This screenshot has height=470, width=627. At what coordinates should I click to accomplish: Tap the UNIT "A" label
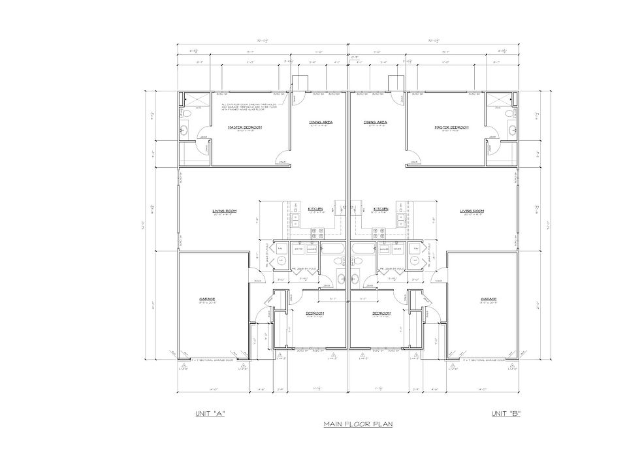(x=210, y=414)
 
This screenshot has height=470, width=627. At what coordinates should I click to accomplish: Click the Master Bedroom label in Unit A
(x=245, y=127)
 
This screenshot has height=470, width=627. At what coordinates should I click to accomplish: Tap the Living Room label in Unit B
(x=471, y=210)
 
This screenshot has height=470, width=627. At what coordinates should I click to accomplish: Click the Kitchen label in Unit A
(x=315, y=209)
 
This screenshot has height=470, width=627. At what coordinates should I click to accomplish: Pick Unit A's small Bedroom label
(x=315, y=313)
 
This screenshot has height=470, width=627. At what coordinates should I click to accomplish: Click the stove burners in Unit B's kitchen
(x=378, y=231)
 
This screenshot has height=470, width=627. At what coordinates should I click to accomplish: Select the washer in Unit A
(x=312, y=249)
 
